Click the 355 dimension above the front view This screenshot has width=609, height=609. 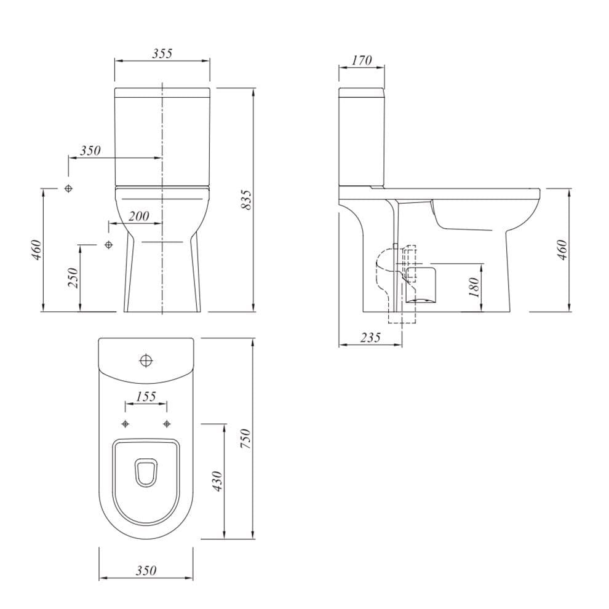[162, 54]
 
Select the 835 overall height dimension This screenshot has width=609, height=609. [247, 199]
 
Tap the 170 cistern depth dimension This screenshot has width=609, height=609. [362, 60]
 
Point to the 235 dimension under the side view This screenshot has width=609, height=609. [370, 337]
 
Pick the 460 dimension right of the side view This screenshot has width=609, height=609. [561, 248]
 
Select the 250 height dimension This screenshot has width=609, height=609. [73, 278]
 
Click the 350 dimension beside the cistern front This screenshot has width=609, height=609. [90, 151]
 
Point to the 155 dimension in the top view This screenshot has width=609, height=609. [146, 396]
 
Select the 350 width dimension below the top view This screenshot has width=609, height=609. [146, 571]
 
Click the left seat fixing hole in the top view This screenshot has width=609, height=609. [125, 424]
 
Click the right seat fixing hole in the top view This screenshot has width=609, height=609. [167, 424]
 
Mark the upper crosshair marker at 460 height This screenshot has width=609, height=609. [69, 188]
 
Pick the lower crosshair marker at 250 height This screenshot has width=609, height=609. [109, 245]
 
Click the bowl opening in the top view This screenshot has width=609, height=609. [146, 474]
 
